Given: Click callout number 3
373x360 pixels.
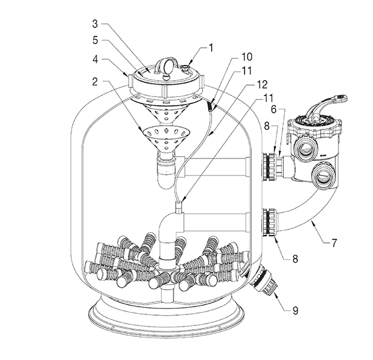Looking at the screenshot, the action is [x=95, y=24].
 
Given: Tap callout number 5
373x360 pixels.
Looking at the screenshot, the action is [x=95, y=40].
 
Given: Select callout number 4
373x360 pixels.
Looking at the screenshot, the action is [x=95, y=59].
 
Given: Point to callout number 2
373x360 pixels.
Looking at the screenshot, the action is [x=95, y=82].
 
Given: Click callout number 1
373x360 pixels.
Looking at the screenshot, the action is [x=211, y=48].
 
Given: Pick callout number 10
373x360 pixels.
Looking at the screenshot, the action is [x=247, y=57].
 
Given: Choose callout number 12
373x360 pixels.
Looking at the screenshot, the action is [x=262, y=84].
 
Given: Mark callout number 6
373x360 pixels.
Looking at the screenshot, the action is [x=274, y=109].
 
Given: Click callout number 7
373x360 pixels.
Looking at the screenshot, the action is [x=334, y=243].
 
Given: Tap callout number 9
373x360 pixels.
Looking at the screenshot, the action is [x=295, y=310].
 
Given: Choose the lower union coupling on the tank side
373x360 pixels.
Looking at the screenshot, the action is [x=270, y=222].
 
